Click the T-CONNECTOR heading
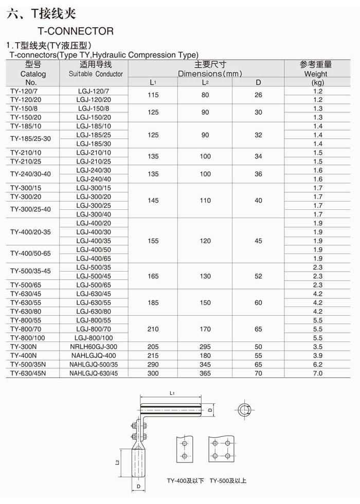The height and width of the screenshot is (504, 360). (76, 31)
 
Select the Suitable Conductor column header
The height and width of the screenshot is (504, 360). (96, 74)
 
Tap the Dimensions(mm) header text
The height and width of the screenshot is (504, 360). (210, 74)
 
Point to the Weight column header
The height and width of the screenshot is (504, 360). (315, 74)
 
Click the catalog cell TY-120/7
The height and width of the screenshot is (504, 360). (24, 91)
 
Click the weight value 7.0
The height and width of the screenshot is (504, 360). (317, 373)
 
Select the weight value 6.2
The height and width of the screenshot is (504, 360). (317, 364)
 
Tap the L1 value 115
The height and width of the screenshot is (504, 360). (153, 95)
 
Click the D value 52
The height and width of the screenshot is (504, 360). (258, 276)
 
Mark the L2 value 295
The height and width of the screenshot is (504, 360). (205, 347)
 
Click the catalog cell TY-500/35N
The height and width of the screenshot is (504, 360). (28, 364)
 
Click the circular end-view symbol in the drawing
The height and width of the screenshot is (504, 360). (244, 409)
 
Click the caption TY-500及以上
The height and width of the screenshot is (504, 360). (228, 481)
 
